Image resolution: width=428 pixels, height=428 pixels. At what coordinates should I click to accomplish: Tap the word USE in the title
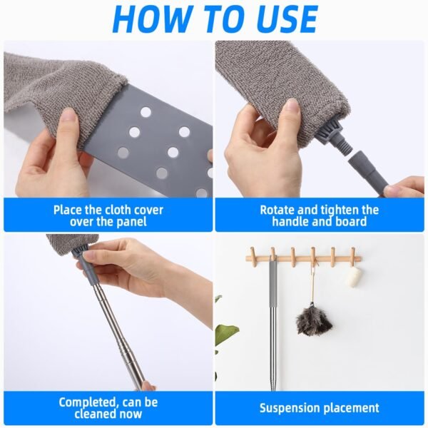[x=280, y=19]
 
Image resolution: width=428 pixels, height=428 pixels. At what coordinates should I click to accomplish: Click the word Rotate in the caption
[x=279, y=210]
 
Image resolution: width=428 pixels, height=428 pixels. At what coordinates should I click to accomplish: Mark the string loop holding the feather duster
[x=311, y=278]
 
